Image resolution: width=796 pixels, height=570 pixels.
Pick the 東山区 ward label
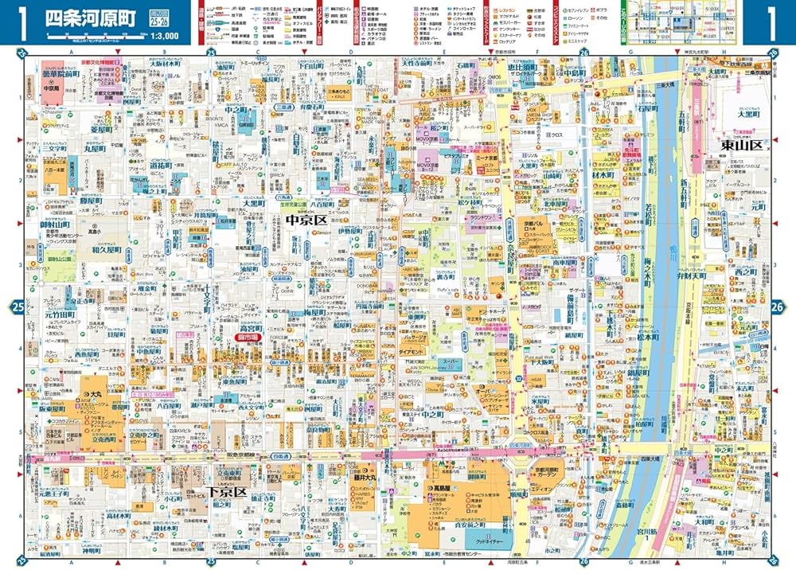[x=739, y=145]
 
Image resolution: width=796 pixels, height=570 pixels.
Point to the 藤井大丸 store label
[x=364, y=478]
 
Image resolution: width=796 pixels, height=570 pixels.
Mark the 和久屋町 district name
[x=105, y=248]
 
